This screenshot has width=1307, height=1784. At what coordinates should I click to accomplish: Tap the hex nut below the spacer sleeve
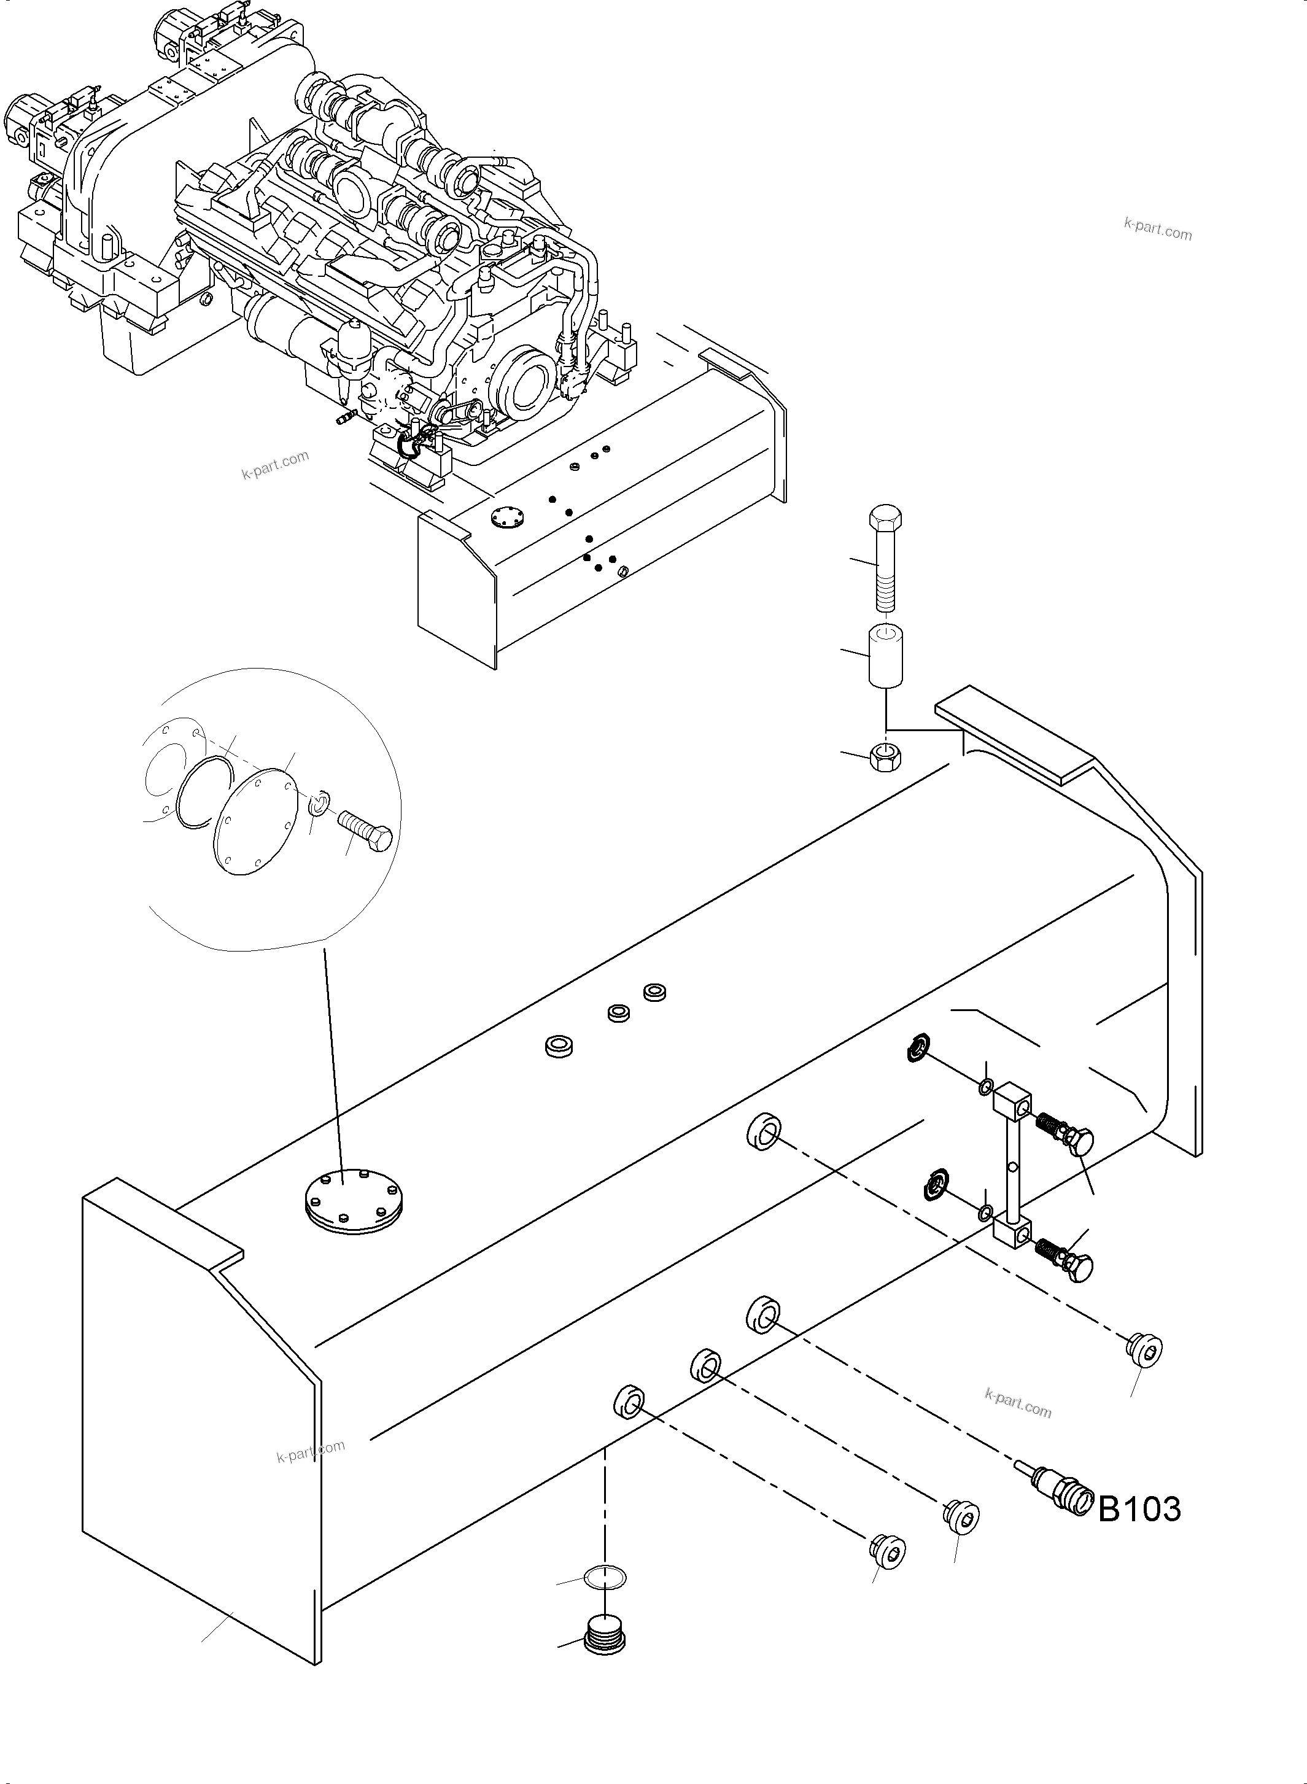[885, 758]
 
